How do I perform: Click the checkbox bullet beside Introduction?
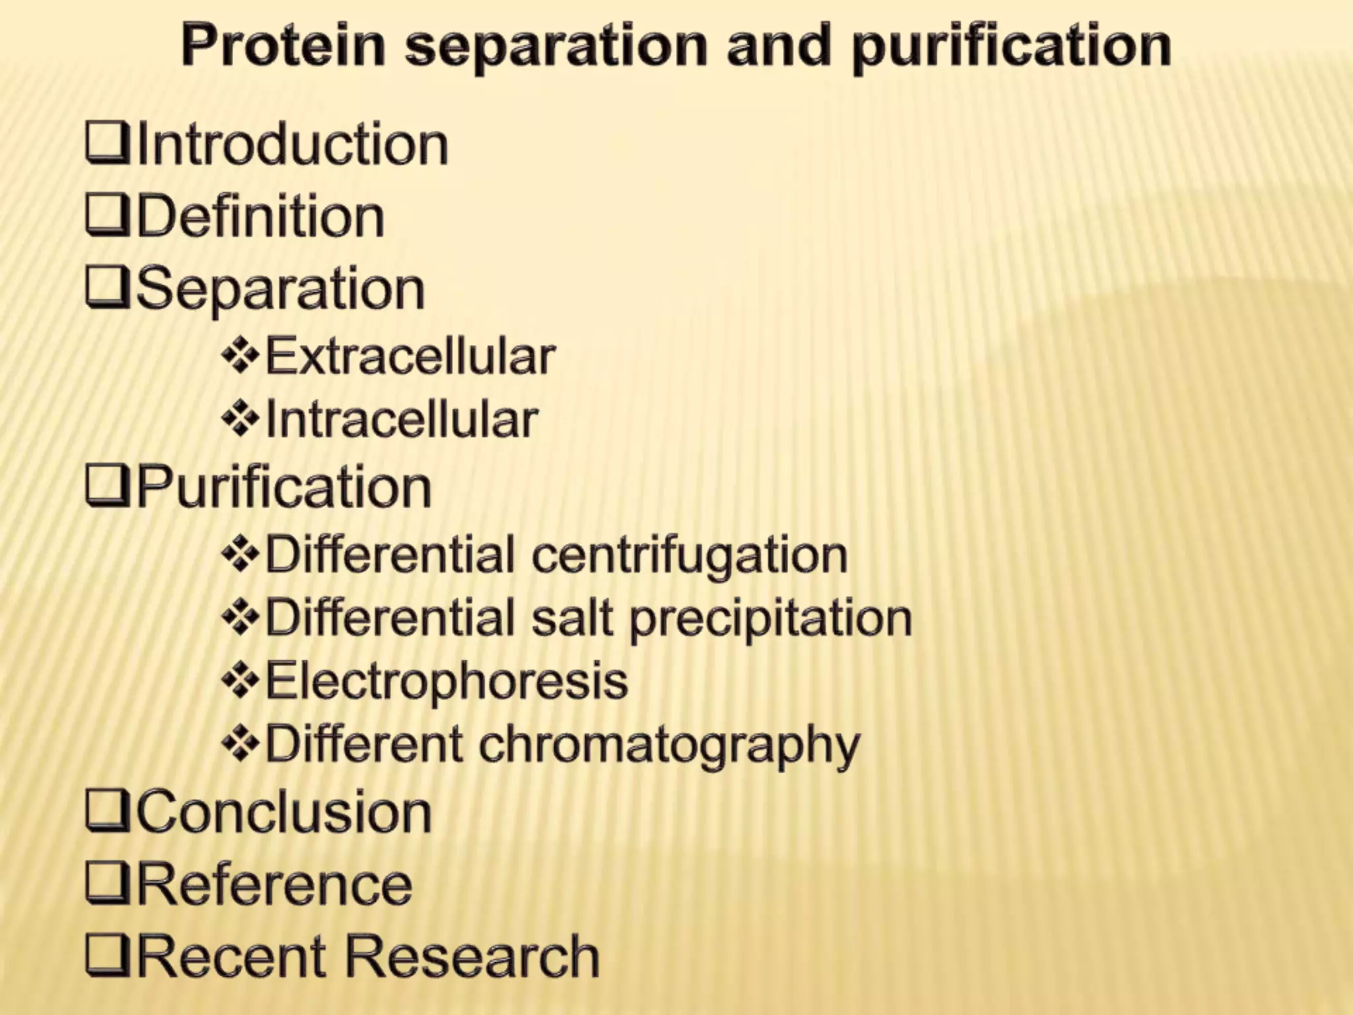pos(107,143)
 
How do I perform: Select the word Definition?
pos(260,217)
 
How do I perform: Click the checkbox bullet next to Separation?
pos(107,288)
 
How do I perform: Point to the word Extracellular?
pos(410,357)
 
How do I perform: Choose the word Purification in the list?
pos(284,488)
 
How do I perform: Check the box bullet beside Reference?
pos(107,884)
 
